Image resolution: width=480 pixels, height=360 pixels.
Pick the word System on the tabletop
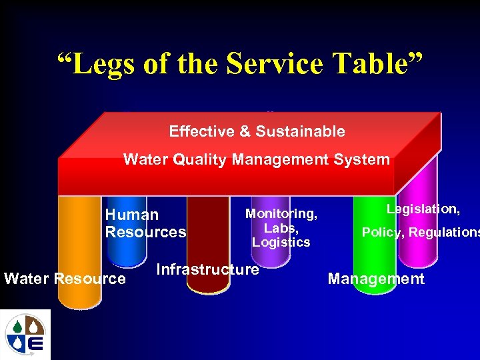(366, 159)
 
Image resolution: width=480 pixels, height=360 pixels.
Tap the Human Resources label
(145, 223)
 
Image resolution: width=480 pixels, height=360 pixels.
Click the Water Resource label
(65, 278)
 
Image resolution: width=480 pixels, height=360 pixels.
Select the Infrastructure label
(207, 269)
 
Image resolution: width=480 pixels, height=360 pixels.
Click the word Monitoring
(281, 213)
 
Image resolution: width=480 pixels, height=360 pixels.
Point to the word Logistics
(281, 242)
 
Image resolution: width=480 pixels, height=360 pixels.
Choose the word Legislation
(423, 209)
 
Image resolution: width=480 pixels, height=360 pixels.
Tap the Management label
(376, 279)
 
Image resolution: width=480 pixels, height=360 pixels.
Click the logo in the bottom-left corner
(25, 334)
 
